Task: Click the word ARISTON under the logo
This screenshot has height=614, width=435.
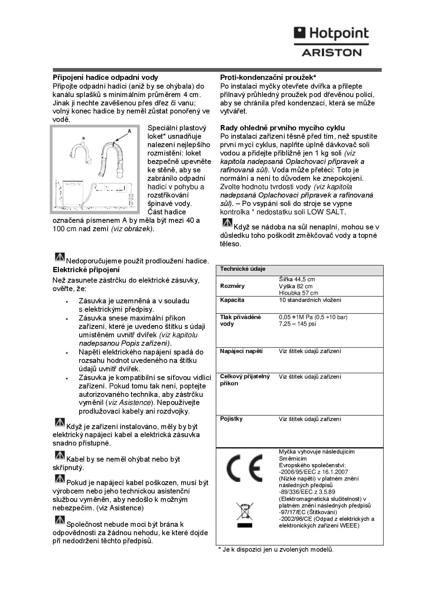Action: (x=331, y=53)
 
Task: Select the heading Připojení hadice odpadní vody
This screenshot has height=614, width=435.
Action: (x=105, y=77)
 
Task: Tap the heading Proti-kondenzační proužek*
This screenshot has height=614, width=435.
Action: (x=268, y=77)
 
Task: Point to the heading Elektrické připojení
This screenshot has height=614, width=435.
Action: (x=86, y=270)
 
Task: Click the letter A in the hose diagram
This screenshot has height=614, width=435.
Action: (x=129, y=131)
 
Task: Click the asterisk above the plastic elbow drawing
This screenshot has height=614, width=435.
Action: (x=83, y=139)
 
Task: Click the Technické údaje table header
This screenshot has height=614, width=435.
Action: (x=243, y=269)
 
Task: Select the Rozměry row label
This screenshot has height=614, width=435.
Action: (x=232, y=286)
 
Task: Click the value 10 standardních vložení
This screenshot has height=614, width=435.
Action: (x=310, y=300)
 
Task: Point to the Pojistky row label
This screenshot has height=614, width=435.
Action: (x=231, y=419)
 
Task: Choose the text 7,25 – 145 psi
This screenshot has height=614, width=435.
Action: (x=297, y=324)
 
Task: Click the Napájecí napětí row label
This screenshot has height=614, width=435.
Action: (x=241, y=351)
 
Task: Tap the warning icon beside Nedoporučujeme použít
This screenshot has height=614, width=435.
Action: (x=60, y=257)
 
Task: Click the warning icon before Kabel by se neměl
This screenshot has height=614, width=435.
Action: (x=60, y=455)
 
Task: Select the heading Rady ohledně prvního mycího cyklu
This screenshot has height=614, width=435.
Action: (x=282, y=128)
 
